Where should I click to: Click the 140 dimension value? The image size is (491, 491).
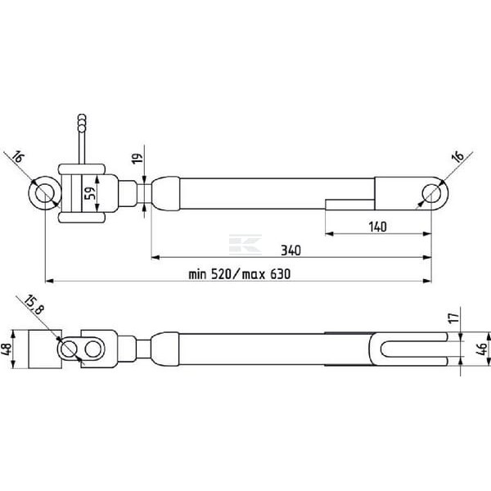coord(377,227)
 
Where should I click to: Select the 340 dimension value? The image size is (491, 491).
coord(291,250)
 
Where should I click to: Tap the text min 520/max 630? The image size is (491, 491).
coord(240,274)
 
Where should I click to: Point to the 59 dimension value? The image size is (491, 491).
coord(89,194)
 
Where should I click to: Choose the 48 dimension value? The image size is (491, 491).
coord(7,349)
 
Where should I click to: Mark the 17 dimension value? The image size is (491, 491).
coord(453,318)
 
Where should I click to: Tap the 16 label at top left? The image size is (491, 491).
coord(18,156)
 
